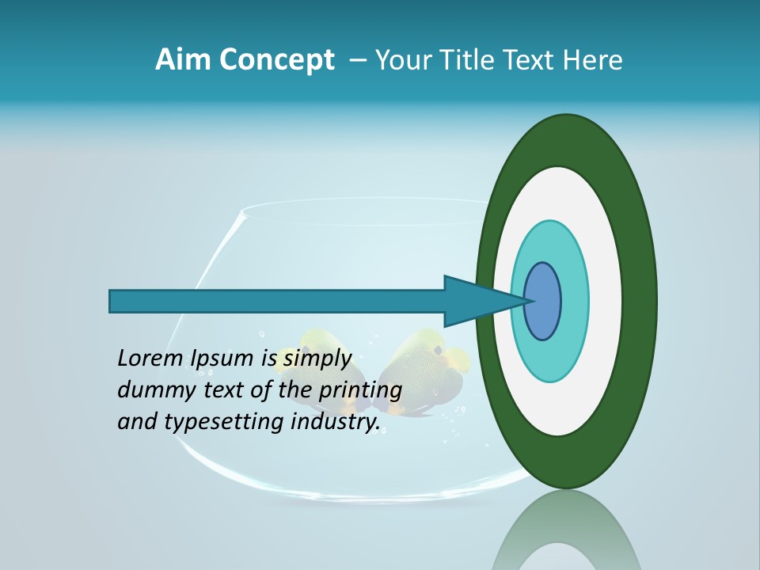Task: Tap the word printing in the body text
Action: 362,391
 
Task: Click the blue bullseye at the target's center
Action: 543,301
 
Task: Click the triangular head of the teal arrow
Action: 475,301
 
